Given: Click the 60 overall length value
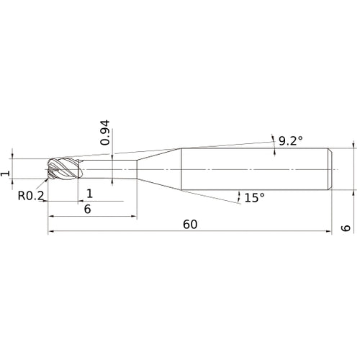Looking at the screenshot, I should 190,224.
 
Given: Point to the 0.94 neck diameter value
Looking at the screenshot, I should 106,134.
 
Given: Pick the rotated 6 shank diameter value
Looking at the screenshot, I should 346,228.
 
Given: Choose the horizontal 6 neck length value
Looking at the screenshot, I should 88,209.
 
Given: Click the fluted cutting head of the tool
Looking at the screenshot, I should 62,170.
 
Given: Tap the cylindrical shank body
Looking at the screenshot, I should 252,169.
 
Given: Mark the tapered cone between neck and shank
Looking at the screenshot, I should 158,169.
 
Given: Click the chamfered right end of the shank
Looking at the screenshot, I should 330,169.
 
